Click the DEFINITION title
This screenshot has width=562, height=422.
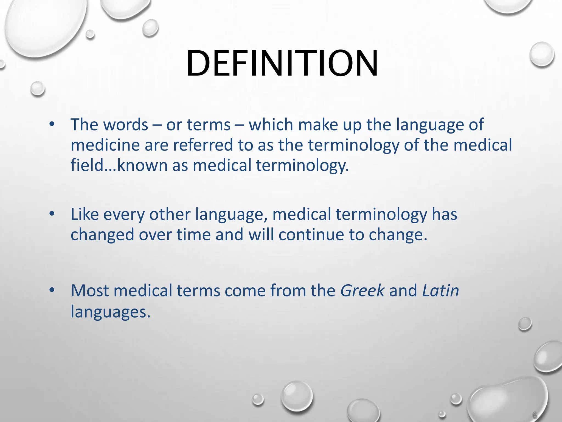(282, 64)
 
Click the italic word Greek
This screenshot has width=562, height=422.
(362, 291)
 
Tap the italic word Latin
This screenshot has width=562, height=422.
(440, 291)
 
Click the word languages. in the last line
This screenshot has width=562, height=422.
(111, 312)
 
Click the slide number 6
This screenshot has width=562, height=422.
(535, 415)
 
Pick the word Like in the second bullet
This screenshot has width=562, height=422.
(85, 214)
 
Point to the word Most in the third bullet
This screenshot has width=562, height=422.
(89, 291)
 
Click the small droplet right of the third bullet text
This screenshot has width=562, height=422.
(525, 324)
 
